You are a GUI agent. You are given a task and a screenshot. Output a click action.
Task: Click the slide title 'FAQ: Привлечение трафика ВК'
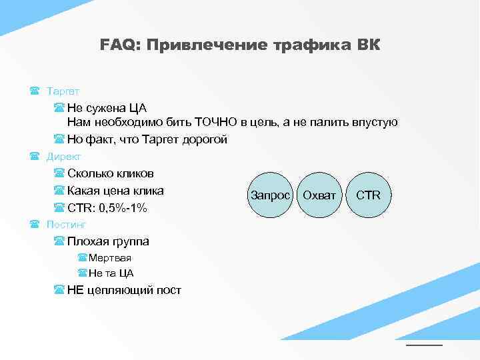point(240,45)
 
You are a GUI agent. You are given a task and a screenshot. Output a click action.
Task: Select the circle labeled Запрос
point(270,195)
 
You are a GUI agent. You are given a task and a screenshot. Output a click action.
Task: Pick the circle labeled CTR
point(368,195)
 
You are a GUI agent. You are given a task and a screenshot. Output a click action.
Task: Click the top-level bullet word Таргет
point(63,90)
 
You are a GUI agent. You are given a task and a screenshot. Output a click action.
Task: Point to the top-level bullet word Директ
point(63,157)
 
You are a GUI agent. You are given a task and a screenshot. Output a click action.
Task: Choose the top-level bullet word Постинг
point(66,225)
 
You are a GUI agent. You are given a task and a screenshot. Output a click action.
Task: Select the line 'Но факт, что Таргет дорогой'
point(147,139)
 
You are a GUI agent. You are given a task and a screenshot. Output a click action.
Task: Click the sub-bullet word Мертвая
point(110,258)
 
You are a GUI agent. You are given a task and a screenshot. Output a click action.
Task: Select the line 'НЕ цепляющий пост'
point(124,290)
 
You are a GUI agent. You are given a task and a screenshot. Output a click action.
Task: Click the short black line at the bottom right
point(424,345)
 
